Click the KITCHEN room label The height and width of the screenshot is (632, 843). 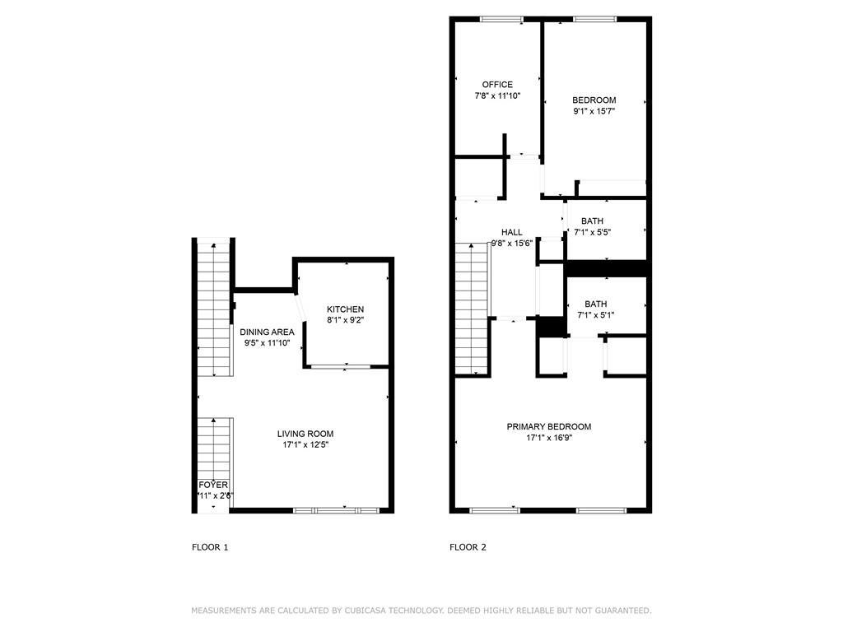pos(345,309)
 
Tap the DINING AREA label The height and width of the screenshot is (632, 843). pos(267,332)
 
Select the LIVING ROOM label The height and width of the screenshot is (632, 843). pos(305,434)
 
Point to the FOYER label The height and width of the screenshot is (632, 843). pos(212,486)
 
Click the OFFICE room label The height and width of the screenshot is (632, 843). pos(497,85)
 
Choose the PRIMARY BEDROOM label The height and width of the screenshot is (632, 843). pos(548,426)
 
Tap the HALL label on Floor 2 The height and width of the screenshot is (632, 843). pos(511,233)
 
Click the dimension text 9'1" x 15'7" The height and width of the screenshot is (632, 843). pos(594,111)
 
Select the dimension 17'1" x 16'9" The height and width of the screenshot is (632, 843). pos(548,438)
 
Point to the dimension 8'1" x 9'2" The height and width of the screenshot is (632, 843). pos(345,320)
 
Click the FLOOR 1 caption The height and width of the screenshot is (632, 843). pos(210,547)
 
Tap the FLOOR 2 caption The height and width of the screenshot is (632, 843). pos(468,547)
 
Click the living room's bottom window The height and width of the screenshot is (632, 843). pos(337,510)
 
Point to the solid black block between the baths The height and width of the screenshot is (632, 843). pos(608,268)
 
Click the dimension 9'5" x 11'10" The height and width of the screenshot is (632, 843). pos(267,343)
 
